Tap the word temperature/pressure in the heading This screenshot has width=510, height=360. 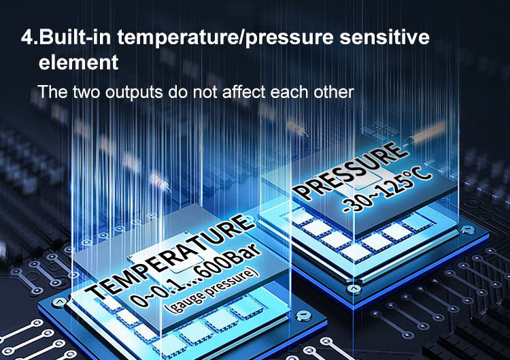[x=225, y=38]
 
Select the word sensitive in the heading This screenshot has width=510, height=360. [x=384, y=37]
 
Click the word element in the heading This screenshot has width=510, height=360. [x=78, y=62]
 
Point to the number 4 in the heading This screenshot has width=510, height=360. [x=27, y=37]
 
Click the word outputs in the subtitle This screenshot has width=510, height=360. [x=134, y=93]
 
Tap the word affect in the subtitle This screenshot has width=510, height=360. [x=243, y=92]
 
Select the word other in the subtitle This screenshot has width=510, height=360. [x=334, y=92]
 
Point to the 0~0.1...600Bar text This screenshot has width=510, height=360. [x=196, y=274]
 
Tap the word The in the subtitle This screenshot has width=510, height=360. [x=52, y=92]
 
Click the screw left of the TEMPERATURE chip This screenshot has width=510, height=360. [x=59, y=302]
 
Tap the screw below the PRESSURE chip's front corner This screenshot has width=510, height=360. [x=354, y=289]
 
